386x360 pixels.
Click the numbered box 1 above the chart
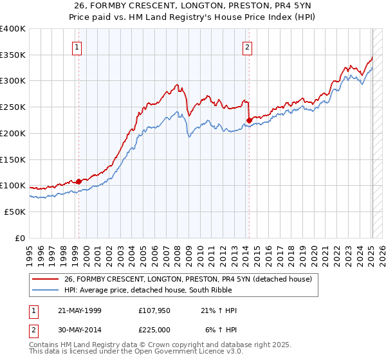pos(77,46)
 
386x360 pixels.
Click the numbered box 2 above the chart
pos(247,46)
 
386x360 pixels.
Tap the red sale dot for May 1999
pos(78,181)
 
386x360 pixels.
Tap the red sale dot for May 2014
pos(249,120)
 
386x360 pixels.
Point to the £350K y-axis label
pos(13,55)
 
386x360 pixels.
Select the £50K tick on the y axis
pos(15,212)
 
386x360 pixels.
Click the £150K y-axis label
pos(13,159)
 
